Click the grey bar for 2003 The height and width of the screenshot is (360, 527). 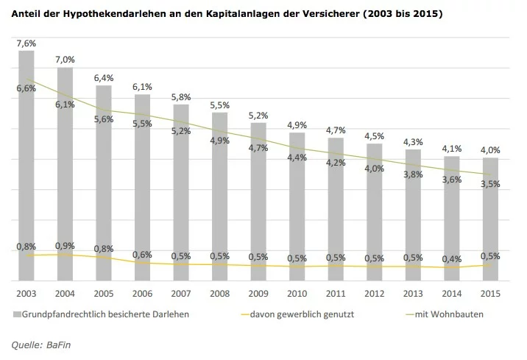click(26, 166)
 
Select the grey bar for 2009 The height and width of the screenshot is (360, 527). click(258, 202)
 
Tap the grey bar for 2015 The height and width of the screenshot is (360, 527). click(490, 219)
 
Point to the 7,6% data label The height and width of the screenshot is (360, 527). click(26, 43)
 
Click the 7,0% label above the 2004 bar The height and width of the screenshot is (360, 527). click(65, 60)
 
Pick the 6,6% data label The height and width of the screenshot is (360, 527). click(26, 88)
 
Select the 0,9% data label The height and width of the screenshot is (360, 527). click(65, 246)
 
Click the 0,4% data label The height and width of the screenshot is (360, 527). click(452, 259)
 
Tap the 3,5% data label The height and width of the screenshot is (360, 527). click(490, 184)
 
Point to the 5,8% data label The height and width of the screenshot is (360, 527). click(181, 97)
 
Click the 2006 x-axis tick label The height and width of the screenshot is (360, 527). click(142, 294)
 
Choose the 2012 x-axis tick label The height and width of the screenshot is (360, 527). click(375, 294)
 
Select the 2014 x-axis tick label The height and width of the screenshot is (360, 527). click(452, 294)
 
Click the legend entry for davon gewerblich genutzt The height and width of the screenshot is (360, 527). click(298, 314)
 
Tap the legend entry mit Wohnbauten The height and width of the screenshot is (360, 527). click(445, 314)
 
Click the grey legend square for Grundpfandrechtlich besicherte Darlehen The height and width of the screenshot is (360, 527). click(17, 314)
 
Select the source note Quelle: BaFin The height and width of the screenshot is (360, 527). click(41, 345)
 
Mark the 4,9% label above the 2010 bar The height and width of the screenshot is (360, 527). click(297, 125)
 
